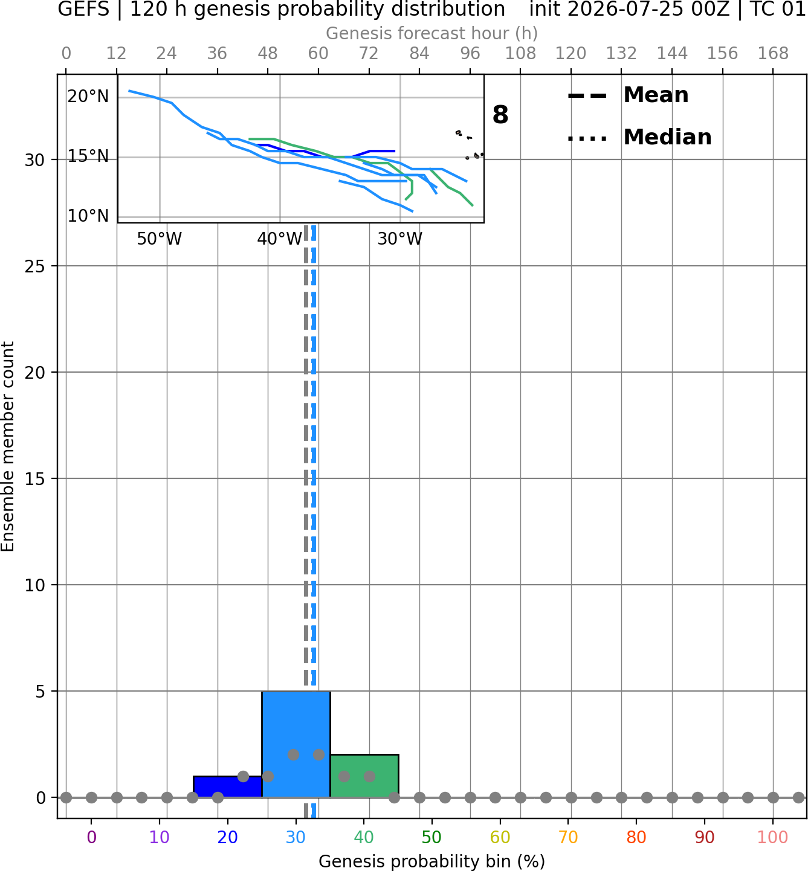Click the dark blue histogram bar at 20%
[228, 786]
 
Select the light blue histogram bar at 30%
[296, 744]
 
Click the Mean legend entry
[628, 95]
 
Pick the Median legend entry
[639, 137]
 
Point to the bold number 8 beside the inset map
[500, 115]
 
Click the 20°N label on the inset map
[88, 97]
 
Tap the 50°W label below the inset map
[160, 239]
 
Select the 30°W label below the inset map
[400, 239]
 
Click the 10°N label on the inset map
[88, 216]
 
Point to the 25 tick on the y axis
[35, 266]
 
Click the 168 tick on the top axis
[773, 54]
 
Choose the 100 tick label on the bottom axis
[772, 837]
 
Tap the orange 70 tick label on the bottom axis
[568, 837]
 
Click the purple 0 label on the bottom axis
[91, 837]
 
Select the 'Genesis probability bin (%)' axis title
[432, 861]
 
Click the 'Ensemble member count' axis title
[8, 446]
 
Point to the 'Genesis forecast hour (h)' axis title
[432, 33]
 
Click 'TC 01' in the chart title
[777, 9]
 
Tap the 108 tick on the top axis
[520, 54]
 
